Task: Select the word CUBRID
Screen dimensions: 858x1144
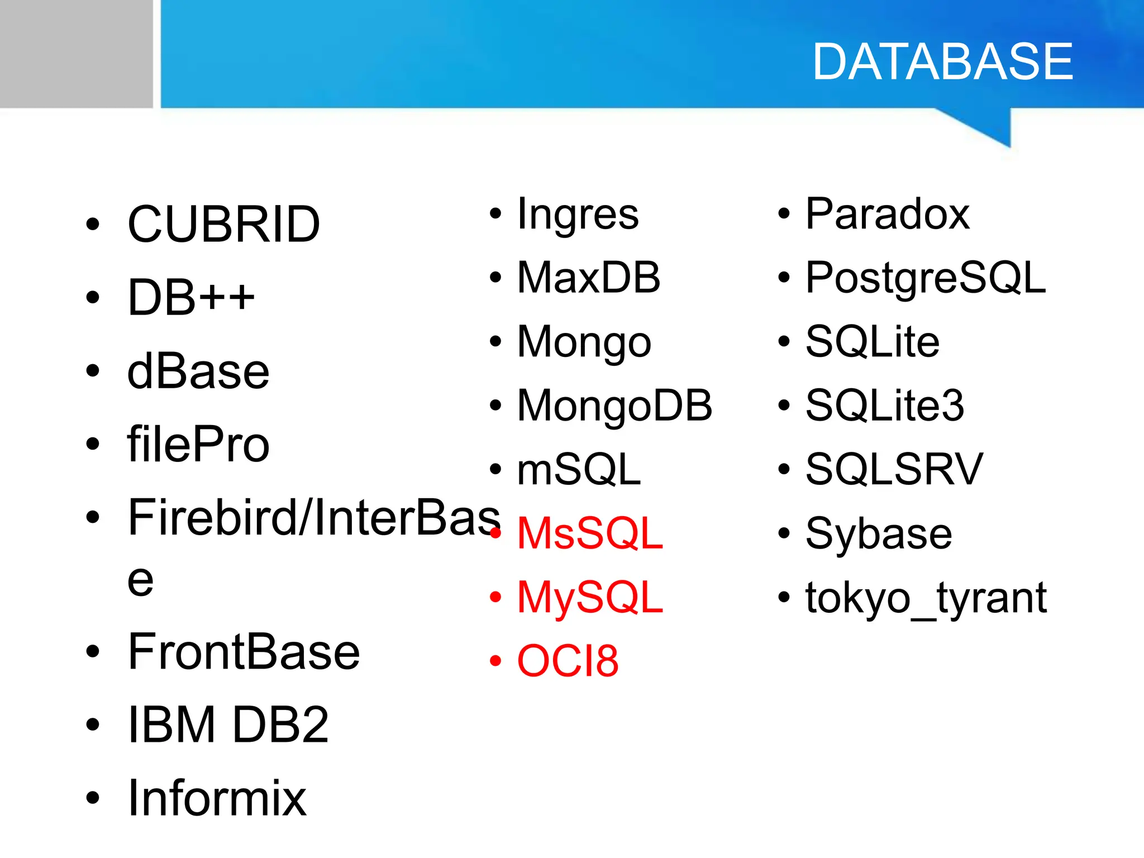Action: pos(223,224)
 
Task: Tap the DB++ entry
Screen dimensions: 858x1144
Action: pos(191,297)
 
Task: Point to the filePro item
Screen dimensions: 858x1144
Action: pos(198,445)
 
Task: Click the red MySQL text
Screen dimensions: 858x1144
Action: pos(590,598)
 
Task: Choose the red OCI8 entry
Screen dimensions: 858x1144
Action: pos(568,661)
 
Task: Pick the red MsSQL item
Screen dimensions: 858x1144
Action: pos(590,533)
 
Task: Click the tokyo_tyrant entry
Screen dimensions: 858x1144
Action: pos(926,598)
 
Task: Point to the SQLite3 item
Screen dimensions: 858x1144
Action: pos(884,406)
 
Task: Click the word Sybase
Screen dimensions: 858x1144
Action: pos(878,533)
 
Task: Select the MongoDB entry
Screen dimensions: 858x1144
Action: pos(614,406)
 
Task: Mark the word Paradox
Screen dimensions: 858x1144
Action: pos(887,214)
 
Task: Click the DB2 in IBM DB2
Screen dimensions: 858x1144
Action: pos(280,724)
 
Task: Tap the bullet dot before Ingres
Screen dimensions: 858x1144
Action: pos(495,213)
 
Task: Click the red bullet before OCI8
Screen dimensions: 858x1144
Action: pos(495,661)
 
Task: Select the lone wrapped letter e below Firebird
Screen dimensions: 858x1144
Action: pos(140,580)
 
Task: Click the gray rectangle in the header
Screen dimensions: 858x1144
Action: pos(76,54)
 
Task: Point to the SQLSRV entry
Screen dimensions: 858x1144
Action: pos(894,469)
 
